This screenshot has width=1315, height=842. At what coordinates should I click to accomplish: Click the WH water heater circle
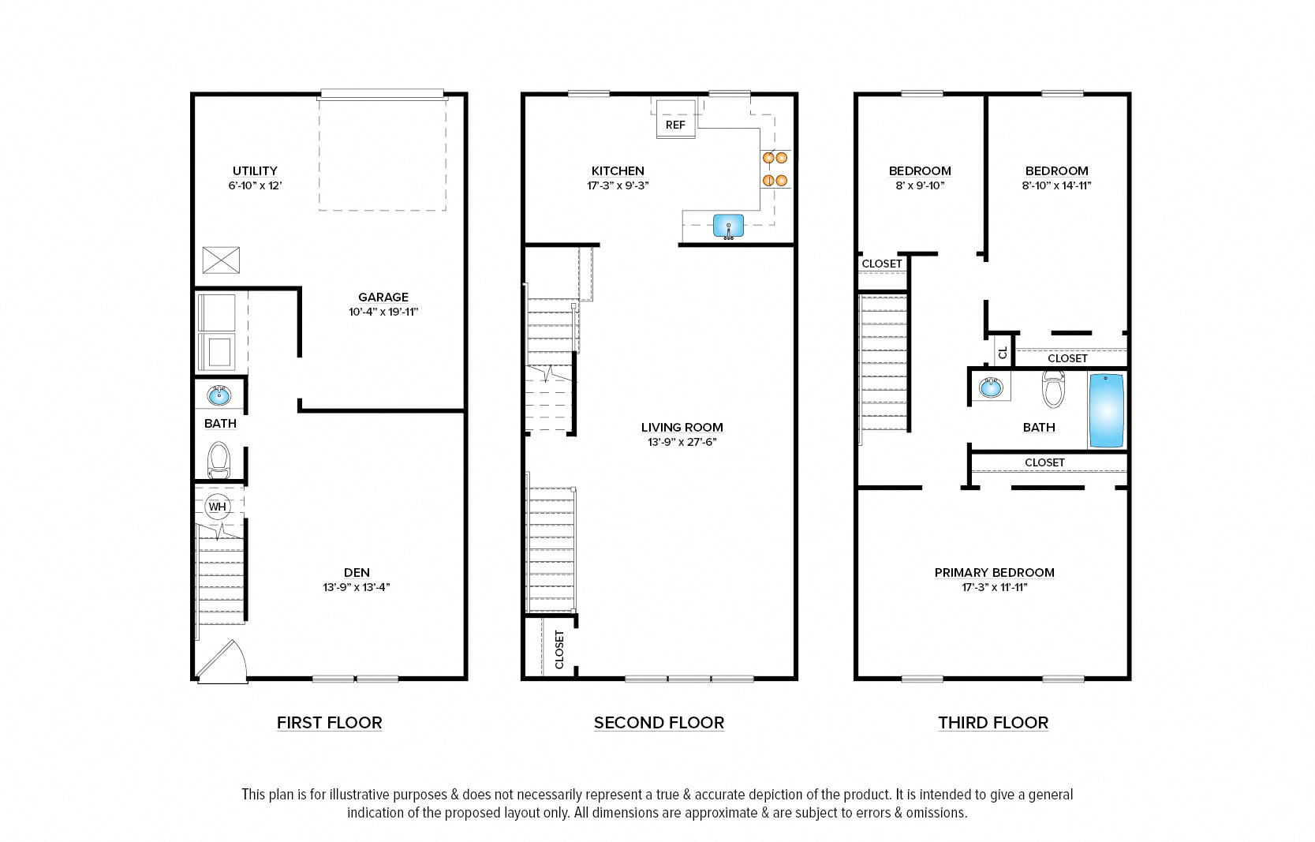click(217, 507)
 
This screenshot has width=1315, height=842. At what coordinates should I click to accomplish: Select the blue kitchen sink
click(728, 226)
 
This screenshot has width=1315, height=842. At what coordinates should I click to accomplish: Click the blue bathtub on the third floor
click(1106, 411)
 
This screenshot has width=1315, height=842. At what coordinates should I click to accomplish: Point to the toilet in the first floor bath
click(219, 460)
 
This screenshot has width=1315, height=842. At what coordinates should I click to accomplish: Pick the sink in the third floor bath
click(990, 387)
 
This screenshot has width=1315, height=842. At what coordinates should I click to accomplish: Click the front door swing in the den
click(223, 661)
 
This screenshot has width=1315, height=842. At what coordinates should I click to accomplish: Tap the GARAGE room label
click(383, 298)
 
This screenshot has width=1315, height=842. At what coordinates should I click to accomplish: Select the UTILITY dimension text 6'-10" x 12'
click(255, 185)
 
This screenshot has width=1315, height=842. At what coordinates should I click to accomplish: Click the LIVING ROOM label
click(682, 427)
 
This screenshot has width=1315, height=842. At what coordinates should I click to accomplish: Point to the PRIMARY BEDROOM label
click(994, 572)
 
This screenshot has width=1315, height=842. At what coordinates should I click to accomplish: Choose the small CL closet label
click(1003, 353)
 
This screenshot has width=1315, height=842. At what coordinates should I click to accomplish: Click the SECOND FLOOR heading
click(659, 722)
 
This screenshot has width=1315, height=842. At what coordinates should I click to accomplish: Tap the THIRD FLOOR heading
click(992, 722)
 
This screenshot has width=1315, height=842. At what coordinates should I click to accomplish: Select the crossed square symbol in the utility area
click(221, 260)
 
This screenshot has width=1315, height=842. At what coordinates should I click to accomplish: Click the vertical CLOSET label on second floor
click(559, 649)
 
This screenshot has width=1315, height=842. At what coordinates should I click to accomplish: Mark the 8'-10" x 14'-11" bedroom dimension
click(1056, 185)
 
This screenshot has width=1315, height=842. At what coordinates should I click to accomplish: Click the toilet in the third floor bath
click(1053, 388)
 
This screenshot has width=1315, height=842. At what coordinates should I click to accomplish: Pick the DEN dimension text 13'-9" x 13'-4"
click(357, 587)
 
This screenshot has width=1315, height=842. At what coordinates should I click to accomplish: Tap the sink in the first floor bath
click(219, 395)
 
